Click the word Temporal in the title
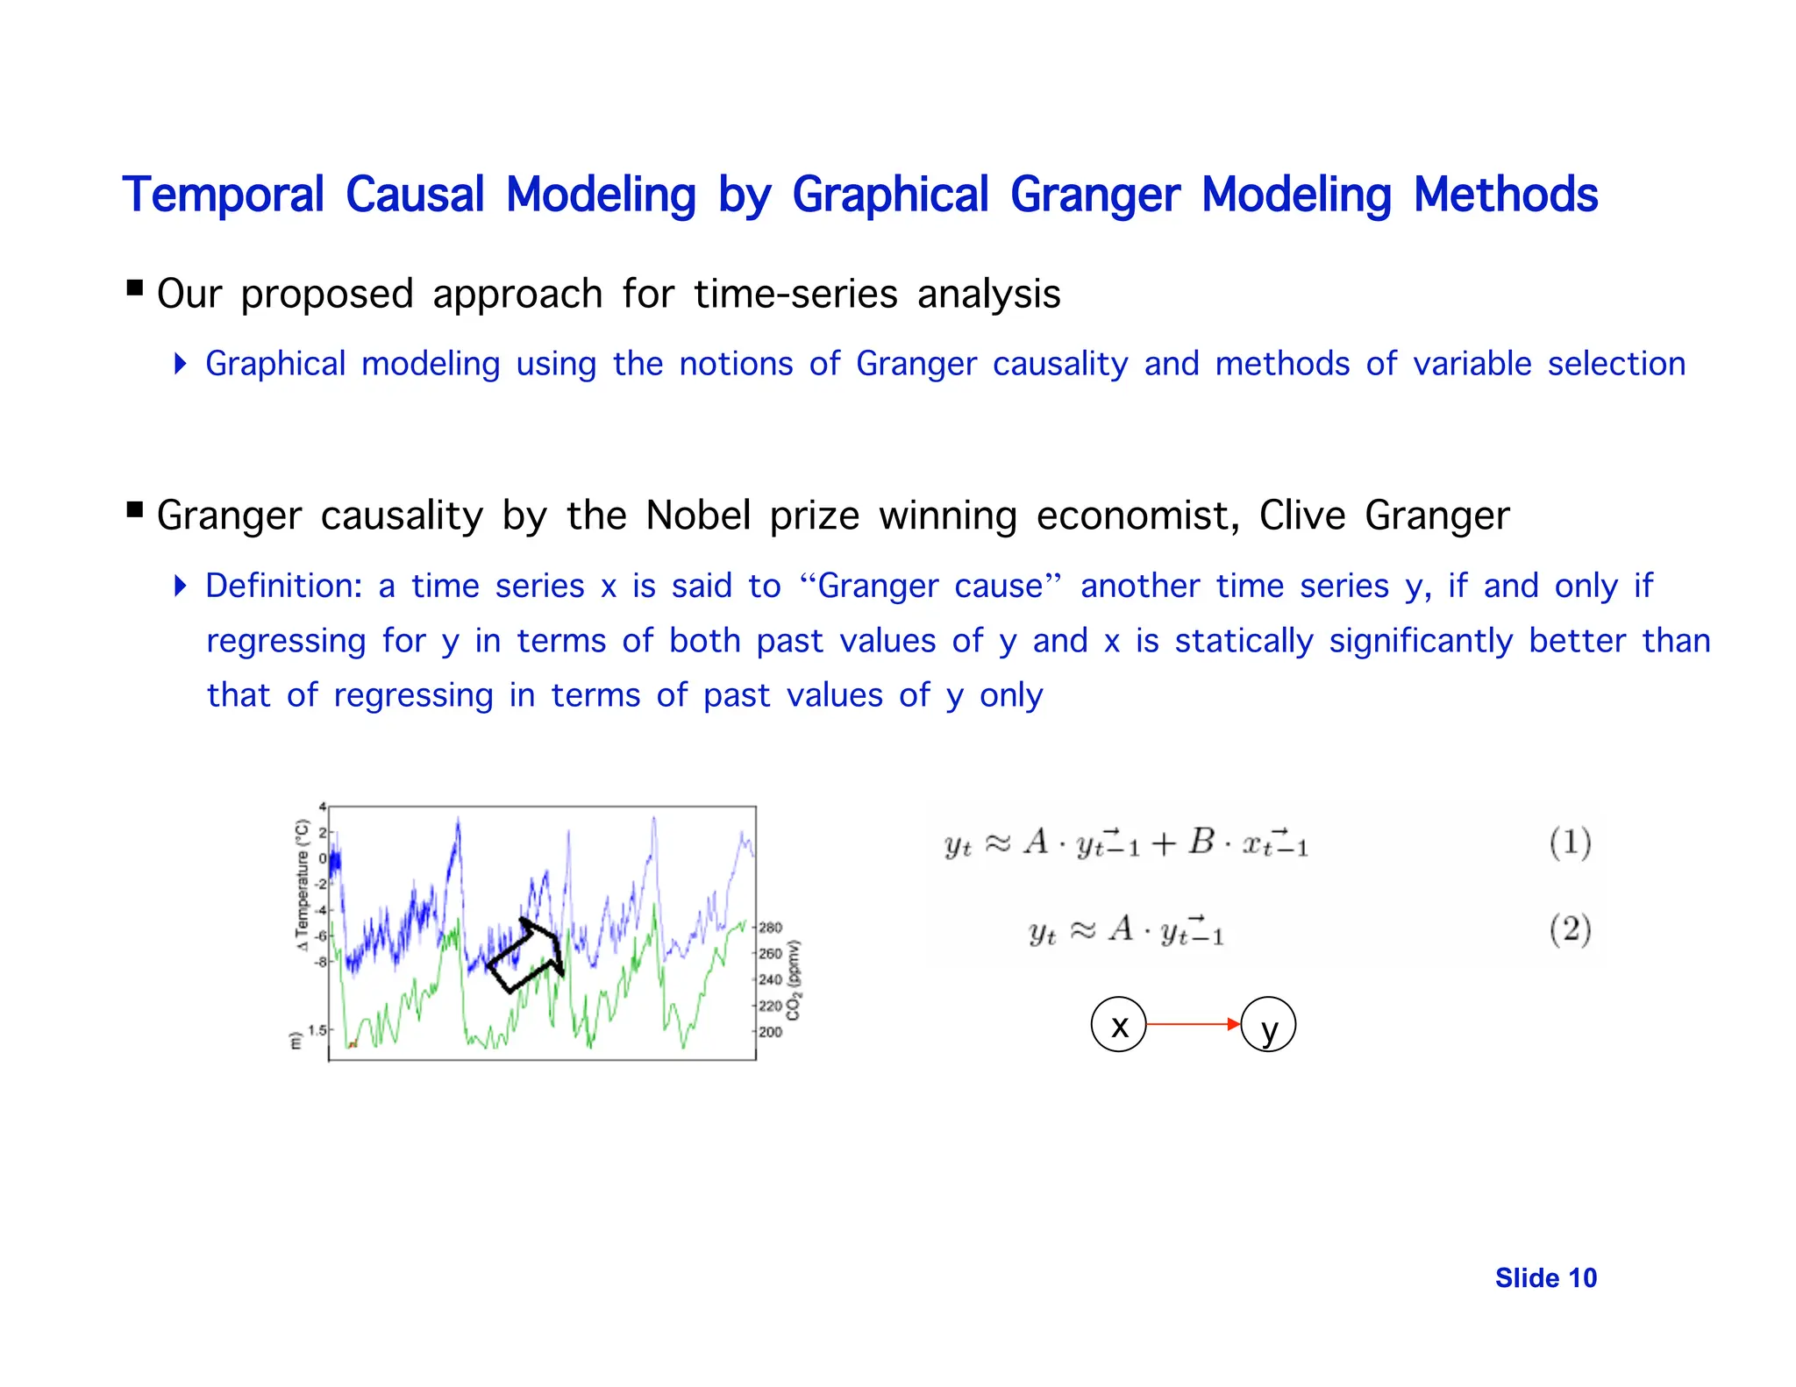click(x=223, y=195)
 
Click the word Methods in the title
click(x=1505, y=195)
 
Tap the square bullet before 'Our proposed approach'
click(x=134, y=288)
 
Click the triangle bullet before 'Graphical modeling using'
click(x=180, y=363)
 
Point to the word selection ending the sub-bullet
click(x=1615, y=364)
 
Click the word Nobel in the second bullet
click(x=697, y=516)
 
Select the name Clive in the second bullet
click(x=1301, y=516)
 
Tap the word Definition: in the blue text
click(x=283, y=586)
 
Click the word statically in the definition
click(x=1244, y=641)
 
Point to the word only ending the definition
click(x=1010, y=695)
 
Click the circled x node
click(x=1118, y=1024)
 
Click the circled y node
click(x=1268, y=1025)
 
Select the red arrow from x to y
click(x=1193, y=1024)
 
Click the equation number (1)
click(x=1569, y=843)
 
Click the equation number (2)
click(x=1569, y=929)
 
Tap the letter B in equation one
click(x=1201, y=842)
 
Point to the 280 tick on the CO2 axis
click(x=770, y=928)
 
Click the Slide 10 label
click(x=1545, y=1278)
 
